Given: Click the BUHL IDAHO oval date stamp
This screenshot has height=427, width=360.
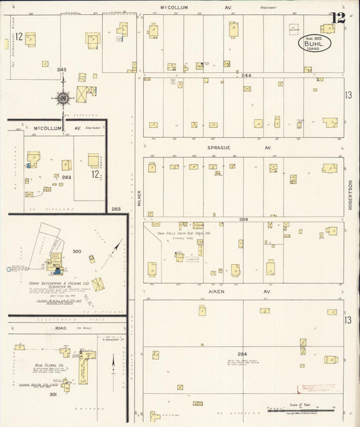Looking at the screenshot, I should tap(316, 44).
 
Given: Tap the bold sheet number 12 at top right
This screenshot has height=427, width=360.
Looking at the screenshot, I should tap(338, 18).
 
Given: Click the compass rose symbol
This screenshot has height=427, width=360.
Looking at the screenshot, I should tap(63, 99).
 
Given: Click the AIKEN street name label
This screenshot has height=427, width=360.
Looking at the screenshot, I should tap(215, 291).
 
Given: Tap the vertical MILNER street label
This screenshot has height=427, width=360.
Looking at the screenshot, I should tap(138, 197).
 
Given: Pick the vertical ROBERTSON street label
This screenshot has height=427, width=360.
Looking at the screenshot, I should tap(351, 195).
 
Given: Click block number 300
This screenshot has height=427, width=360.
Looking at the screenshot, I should tap(76, 251).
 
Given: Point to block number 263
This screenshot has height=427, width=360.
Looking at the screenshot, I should tap(116, 209).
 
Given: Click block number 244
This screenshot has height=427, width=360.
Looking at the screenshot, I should tap(246, 75).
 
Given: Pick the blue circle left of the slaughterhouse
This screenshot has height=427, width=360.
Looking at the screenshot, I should tap(9, 269).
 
